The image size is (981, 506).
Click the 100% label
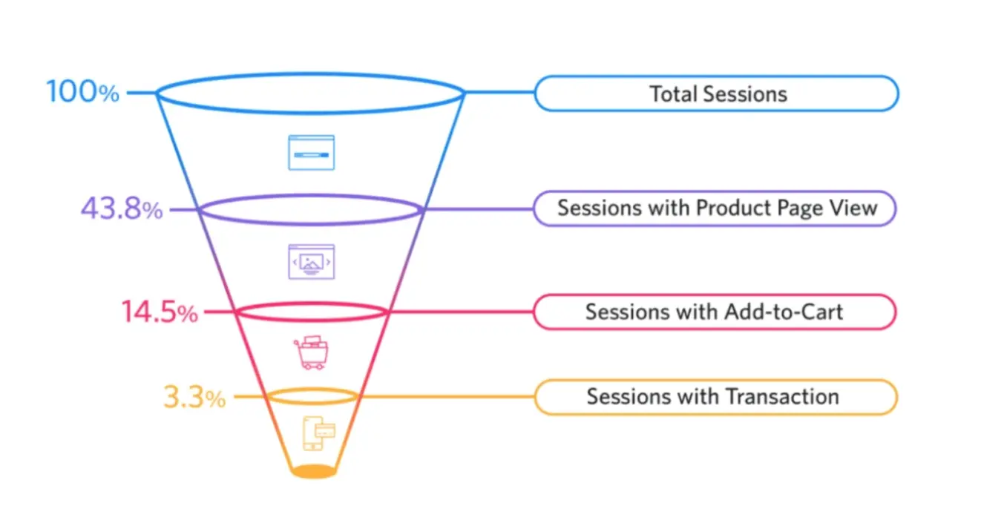tap(82, 93)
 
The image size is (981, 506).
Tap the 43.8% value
tap(121, 210)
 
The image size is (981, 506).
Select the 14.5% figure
tap(160, 312)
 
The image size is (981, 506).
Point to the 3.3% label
tap(194, 398)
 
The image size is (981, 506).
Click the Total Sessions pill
tap(717, 93)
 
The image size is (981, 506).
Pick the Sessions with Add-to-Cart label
tap(714, 312)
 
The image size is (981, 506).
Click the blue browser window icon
tap(311, 153)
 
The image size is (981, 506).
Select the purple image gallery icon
tap(311, 261)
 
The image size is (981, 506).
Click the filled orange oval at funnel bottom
tap(312, 471)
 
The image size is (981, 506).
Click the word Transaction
tap(782, 397)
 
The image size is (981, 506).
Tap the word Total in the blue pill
tap(673, 94)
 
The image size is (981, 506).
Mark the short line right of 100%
tap(141, 93)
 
